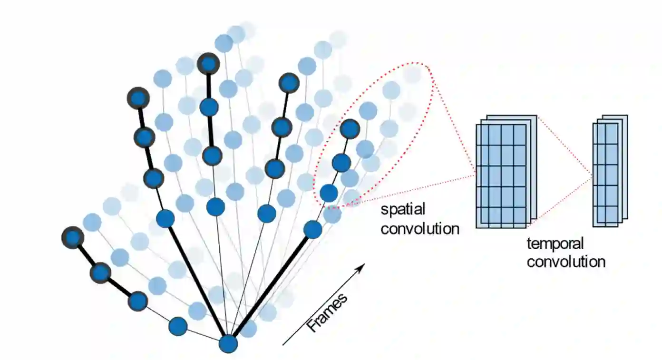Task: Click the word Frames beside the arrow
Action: [327, 313]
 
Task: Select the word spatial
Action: [403, 209]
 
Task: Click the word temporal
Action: [555, 244]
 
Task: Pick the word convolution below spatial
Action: [420, 228]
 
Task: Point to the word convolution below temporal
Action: [566, 262]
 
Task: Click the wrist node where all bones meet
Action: [229, 343]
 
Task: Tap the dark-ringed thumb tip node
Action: [73, 237]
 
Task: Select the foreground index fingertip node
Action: [138, 98]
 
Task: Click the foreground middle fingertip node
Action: [208, 64]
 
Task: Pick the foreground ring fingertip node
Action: [289, 83]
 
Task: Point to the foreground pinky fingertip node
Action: [350, 128]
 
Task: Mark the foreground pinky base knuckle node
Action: [313, 230]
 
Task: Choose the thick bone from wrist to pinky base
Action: [271, 286]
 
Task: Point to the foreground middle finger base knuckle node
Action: [216, 207]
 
